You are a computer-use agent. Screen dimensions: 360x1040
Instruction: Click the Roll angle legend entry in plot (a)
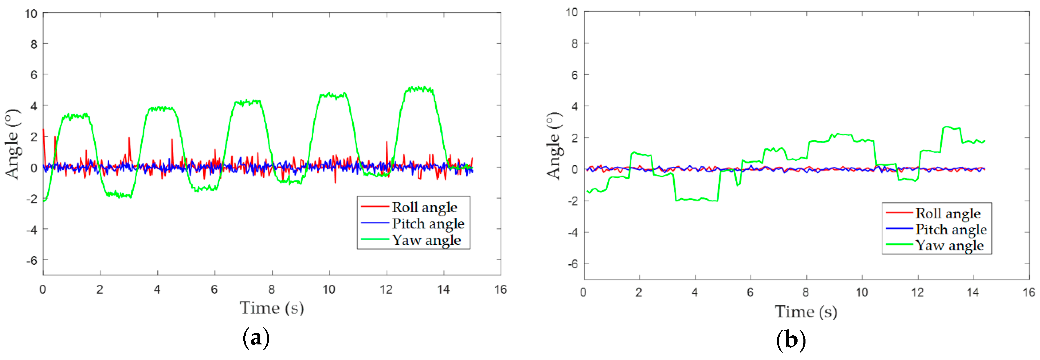[x=424, y=207]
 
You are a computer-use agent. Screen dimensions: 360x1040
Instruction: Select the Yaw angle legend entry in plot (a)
[x=426, y=240]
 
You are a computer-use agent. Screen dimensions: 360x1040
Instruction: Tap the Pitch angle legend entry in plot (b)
[x=950, y=229]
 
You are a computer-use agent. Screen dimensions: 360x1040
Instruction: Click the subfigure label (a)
[x=256, y=338]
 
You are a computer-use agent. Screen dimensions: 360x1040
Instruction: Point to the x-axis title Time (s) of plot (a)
[x=272, y=308]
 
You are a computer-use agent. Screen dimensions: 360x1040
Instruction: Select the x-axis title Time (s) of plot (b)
[x=806, y=312]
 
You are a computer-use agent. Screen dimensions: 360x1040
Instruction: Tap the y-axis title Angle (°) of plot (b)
[x=554, y=146]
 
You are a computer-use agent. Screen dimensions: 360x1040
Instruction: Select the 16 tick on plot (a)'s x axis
[x=501, y=289]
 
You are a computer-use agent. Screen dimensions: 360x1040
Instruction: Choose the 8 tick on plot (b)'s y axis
[x=574, y=43]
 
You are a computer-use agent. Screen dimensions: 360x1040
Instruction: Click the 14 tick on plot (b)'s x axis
[x=973, y=292]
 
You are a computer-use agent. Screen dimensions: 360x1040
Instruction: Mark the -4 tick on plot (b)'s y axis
[x=573, y=233]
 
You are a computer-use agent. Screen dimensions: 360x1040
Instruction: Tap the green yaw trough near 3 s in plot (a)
[x=119, y=195]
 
